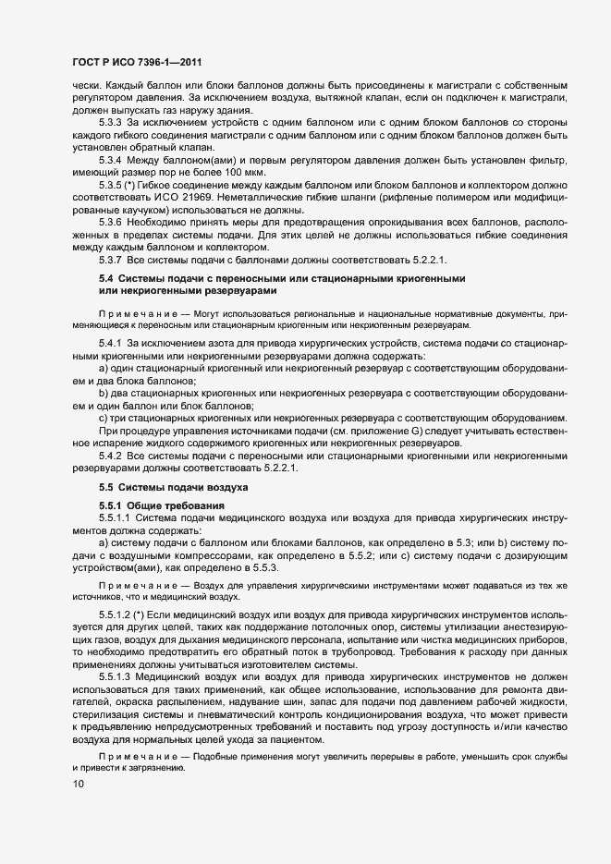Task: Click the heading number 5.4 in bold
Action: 105,278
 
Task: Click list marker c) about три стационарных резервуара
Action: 103,416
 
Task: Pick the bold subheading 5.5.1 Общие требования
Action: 161,505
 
